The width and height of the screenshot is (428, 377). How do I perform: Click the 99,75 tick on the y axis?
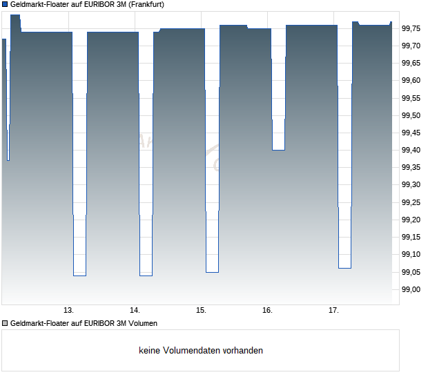(x=411, y=28)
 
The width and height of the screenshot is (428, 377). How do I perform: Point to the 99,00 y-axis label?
(x=411, y=289)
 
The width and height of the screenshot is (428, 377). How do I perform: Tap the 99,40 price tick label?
(x=411, y=150)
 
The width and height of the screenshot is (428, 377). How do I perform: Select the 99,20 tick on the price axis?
(x=411, y=220)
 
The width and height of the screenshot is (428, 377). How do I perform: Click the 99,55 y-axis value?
(x=411, y=98)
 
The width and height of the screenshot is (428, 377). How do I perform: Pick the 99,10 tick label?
(x=411, y=255)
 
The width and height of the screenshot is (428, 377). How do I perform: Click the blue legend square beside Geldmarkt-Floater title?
(x=5, y=4)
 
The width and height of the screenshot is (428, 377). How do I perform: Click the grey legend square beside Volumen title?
(x=5, y=323)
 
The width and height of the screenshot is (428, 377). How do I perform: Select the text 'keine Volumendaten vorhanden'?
(x=201, y=350)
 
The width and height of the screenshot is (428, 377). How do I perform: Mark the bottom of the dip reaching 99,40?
(x=278, y=149)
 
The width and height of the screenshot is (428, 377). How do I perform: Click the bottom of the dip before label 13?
(x=79, y=275)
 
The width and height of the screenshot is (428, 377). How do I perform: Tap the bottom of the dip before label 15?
(x=212, y=272)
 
